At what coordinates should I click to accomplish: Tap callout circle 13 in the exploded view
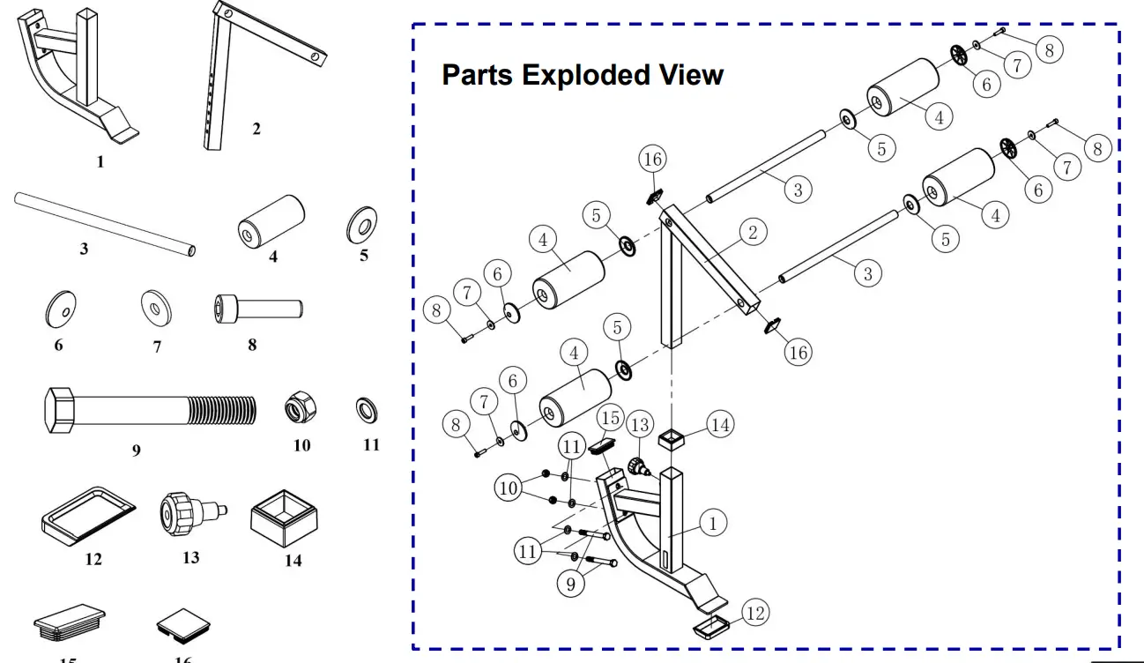(640, 426)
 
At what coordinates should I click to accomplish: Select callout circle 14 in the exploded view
(720, 425)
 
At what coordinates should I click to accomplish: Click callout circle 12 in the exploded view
(754, 613)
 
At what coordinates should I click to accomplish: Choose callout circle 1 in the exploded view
(712, 523)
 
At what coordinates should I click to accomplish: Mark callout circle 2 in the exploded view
(753, 233)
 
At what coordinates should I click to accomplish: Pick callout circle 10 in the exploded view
(508, 488)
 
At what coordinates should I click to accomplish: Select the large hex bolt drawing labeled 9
(148, 411)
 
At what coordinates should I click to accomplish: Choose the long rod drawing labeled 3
(104, 223)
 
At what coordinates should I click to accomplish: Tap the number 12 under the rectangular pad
(93, 559)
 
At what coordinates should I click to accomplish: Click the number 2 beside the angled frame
(256, 129)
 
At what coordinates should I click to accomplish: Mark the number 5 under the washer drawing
(364, 256)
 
